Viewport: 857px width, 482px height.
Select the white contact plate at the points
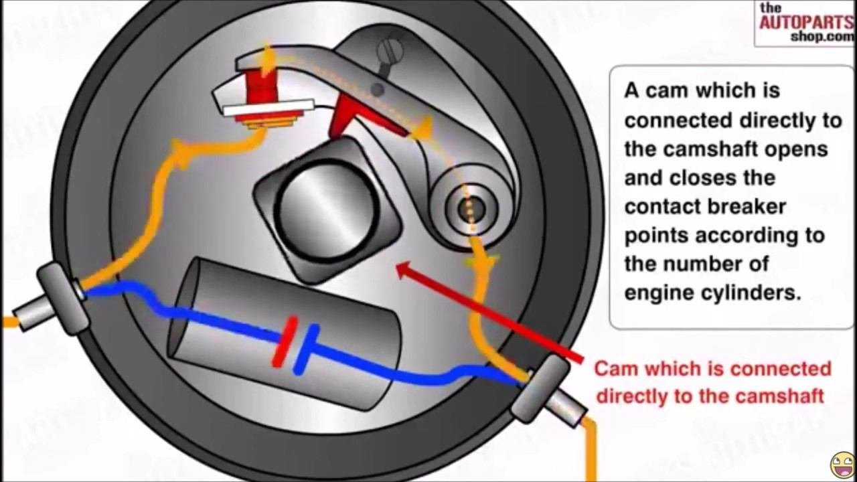point(268,107)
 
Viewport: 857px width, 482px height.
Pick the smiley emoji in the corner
point(842,465)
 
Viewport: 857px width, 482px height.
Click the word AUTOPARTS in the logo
point(805,21)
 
